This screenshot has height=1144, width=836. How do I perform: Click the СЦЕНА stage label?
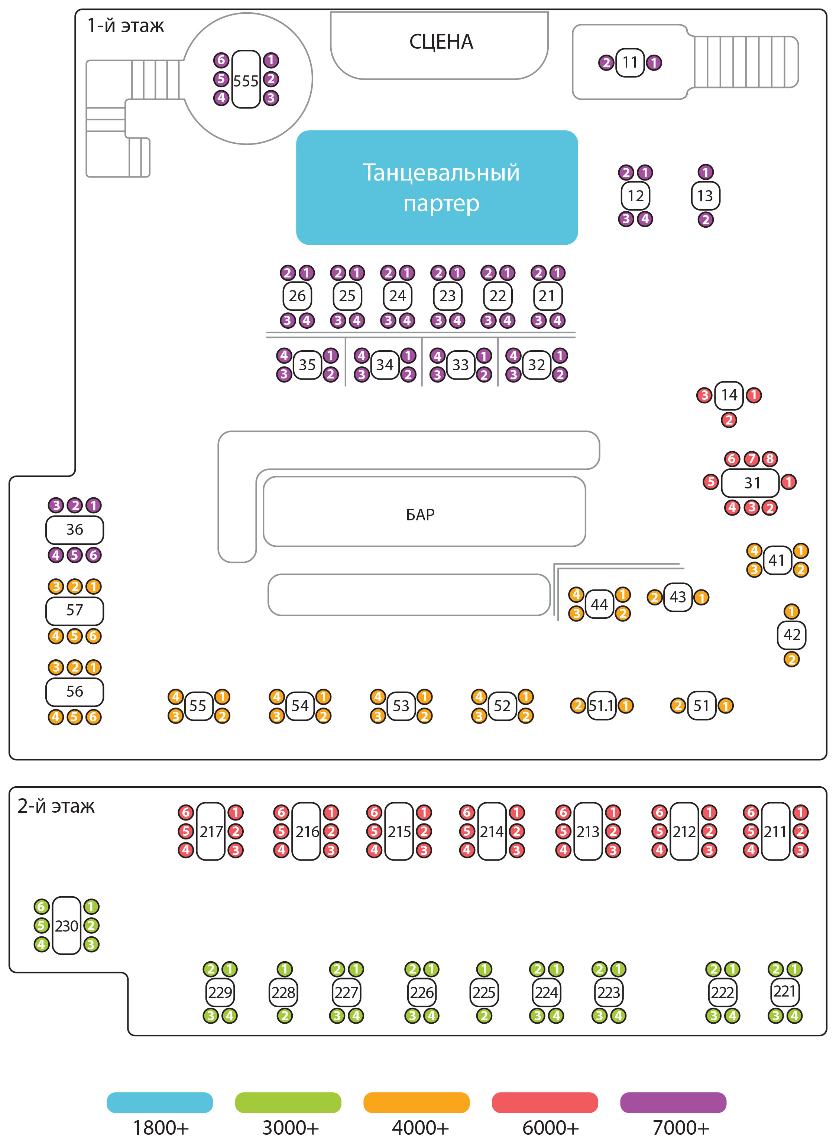tap(441, 42)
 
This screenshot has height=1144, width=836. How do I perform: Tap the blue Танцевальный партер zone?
tap(437, 187)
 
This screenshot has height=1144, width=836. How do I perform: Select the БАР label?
tap(420, 514)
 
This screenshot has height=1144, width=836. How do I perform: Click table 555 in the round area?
tap(246, 79)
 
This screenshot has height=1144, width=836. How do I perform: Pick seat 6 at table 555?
tap(221, 60)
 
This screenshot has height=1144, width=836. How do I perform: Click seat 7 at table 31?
tap(752, 459)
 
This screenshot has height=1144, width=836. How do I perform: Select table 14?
tap(729, 395)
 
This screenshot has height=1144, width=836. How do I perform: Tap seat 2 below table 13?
tap(706, 220)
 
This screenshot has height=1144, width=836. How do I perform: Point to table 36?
tap(74, 530)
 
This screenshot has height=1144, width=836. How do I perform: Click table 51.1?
tap(601, 705)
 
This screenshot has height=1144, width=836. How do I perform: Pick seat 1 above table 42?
tap(791, 611)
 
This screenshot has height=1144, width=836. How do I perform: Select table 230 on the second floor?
tap(66, 926)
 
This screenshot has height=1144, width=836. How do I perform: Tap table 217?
tap(211, 832)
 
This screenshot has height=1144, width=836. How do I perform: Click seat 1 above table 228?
tap(284, 969)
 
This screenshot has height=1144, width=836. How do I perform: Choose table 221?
tap(784, 992)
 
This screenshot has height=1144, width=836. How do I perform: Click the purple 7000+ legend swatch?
tap(673, 1102)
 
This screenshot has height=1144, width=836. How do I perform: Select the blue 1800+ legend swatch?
tap(160, 1102)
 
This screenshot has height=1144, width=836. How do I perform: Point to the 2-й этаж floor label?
tap(56, 806)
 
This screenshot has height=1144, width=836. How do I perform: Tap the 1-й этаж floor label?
tap(126, 26)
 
